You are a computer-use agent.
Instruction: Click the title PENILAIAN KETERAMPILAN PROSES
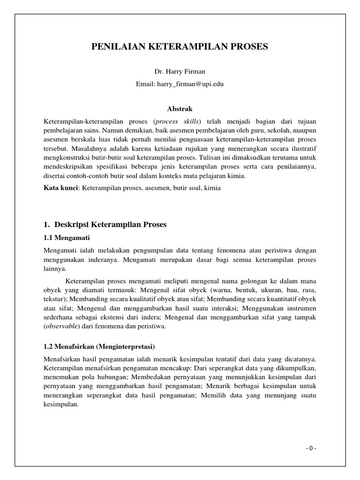tap(180, 47)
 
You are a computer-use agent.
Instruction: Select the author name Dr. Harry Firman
tap(180, 72)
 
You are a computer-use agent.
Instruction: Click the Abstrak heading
tap(180, 108)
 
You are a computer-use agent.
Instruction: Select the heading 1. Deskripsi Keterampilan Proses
tap(105, 225)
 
